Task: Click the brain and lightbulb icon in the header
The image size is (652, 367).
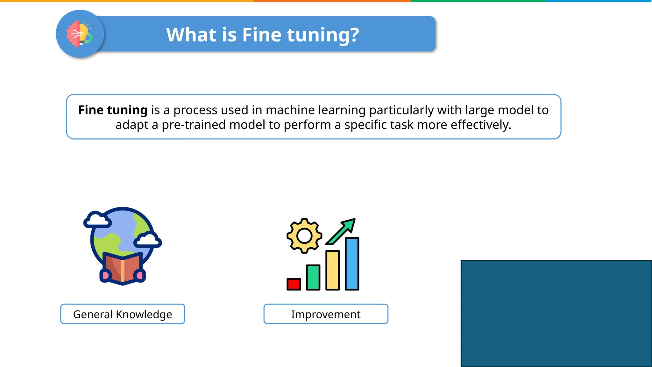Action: click(x=80, y=34)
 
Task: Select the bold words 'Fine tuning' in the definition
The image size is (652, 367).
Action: click(x=113, y=110)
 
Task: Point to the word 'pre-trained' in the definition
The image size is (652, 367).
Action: click(x=194, y=125)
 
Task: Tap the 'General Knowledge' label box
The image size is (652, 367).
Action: click(x=123, y=314)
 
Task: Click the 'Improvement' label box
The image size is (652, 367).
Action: click(x=326, y=314)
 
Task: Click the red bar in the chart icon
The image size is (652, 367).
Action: click(x=294, y=284)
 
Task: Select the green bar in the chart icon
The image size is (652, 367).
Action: click(x=313, y=277)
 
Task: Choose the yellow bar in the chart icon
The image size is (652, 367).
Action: click(x=332, y=270)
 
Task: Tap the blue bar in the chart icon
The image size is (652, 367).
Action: click(x=352, y=264)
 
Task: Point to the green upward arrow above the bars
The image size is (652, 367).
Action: click(x=342, y=231)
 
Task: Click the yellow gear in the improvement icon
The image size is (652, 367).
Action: click(x=304, y=236)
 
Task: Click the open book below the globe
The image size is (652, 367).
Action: click(x=123, y=268)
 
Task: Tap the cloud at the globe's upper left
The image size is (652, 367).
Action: click(x=97, y=220)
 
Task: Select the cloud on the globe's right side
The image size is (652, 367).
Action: click(x=148, y=240)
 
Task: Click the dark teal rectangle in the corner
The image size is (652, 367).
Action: click(x=556, y=313)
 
